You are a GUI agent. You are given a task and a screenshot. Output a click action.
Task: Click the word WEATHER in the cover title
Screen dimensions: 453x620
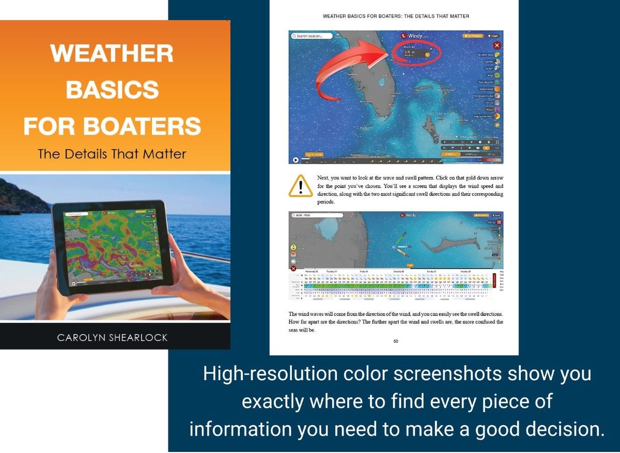(112, 54)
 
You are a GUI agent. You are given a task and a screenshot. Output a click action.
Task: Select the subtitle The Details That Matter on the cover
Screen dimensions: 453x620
(112, 153)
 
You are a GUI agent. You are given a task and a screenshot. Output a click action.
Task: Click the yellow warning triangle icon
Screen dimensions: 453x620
(301, 186)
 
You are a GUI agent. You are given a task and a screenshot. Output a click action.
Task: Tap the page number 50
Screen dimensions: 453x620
(395, 341)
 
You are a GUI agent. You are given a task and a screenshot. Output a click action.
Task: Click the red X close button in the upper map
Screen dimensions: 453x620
(497, 45)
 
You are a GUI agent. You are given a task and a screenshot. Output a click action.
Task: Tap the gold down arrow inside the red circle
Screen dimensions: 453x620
(428, 54)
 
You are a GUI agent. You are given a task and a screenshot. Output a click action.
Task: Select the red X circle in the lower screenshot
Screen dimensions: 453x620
(293, 269)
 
